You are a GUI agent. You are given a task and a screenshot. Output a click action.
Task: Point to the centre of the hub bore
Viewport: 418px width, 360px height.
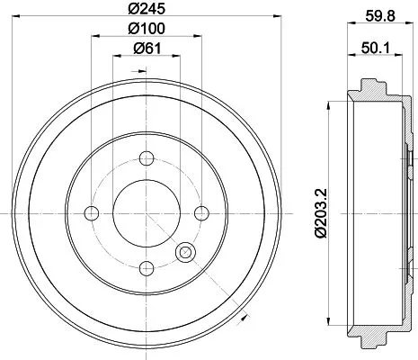click(146, 212)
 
